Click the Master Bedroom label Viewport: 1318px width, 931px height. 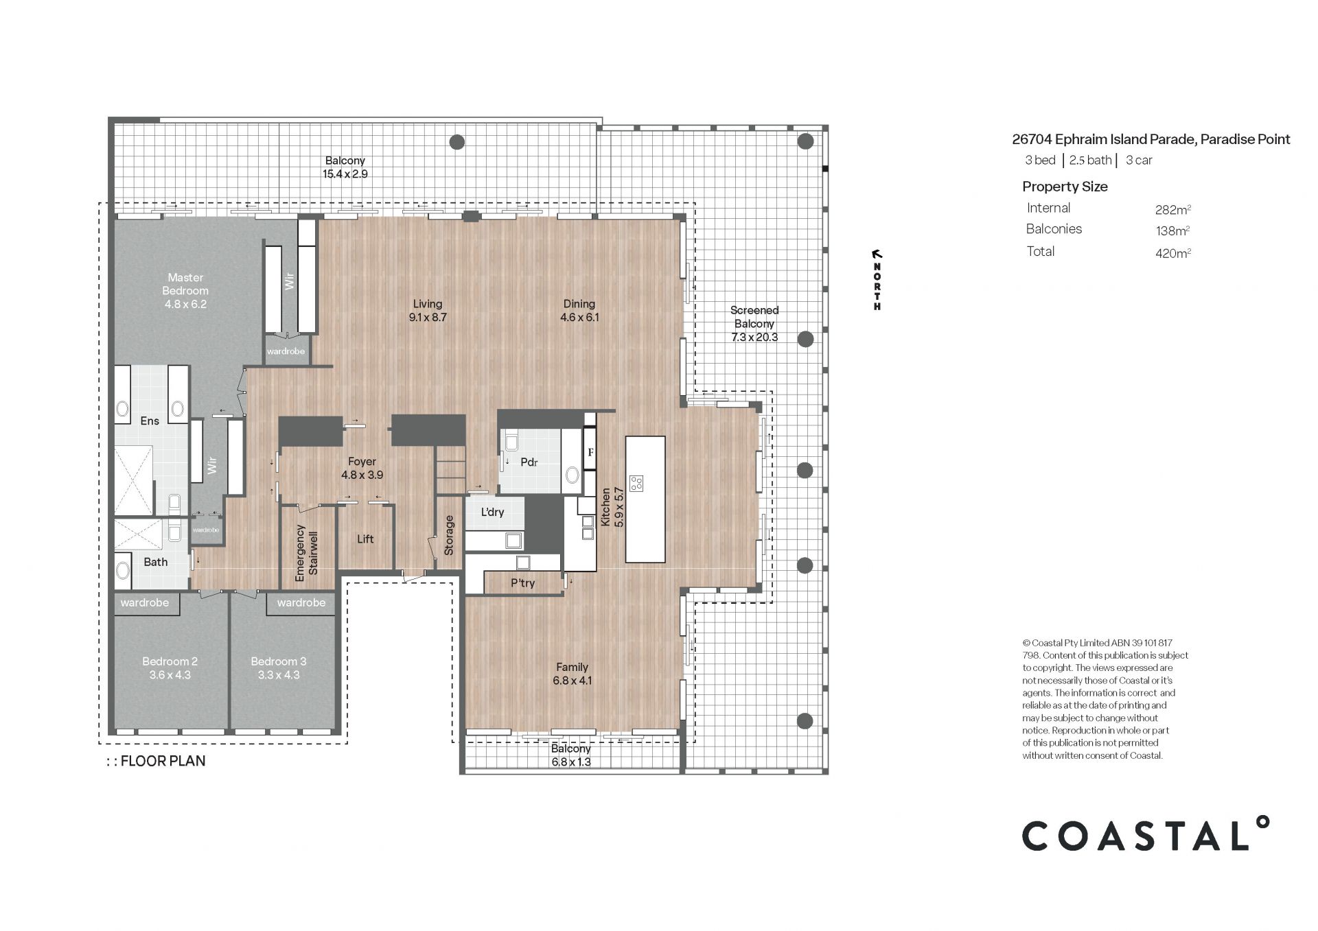tap(185, 284)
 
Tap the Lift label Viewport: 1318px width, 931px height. tap(365, 539)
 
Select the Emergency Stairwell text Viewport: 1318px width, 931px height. tap(307, 554)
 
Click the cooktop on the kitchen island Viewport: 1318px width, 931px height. tap(636, 483)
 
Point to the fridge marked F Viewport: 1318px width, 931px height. tap(590, 453)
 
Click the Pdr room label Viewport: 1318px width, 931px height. tap(529, 462)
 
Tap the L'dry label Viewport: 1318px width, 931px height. tap(492, 512)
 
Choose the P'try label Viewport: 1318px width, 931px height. tap(523, 583)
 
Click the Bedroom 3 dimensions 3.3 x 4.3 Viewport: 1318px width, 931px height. tap(279, 675)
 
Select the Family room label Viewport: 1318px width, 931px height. tap(573, 667)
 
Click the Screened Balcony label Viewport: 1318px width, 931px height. tap(754, 317)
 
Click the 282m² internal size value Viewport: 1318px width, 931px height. tap(1173, 209)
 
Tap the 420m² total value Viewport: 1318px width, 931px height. tap(1173, 252)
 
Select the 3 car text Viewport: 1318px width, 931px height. tap(1139, 161)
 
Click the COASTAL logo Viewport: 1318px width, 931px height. tap(1146, 834)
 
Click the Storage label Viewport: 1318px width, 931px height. tap(449, 535)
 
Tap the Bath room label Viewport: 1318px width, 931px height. tap(156, 562)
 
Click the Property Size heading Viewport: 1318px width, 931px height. tap(1065, 187)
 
